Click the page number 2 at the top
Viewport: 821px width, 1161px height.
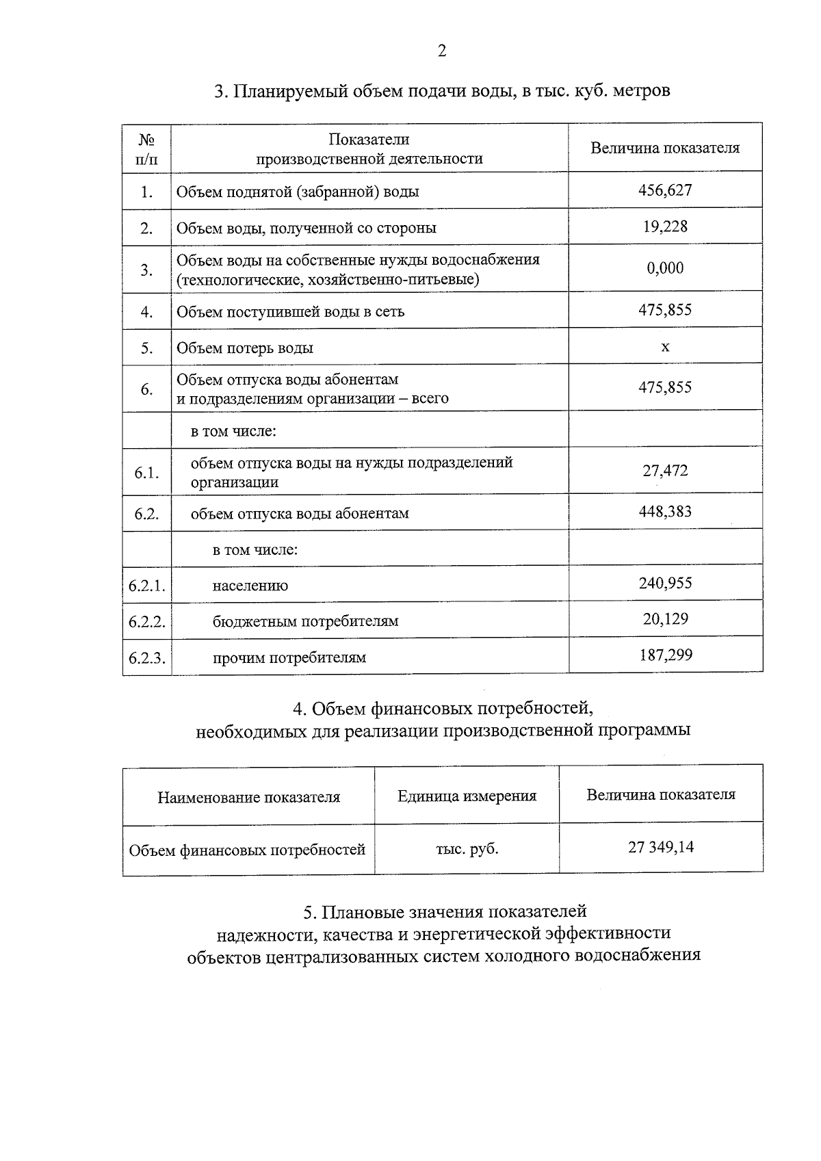pos(442,51)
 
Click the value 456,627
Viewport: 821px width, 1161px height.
pos(664,190)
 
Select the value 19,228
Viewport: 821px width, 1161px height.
pos(664,226)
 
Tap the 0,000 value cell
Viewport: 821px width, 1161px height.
pos(664,268)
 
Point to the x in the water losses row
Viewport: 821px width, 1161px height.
pos(665,347)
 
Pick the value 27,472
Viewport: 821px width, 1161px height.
pos(664,471)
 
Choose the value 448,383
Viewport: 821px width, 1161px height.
pos(664,512)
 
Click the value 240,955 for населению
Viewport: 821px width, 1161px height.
pos(664,584)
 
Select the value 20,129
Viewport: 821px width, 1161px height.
pos(664,619)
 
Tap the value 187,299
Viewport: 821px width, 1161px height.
pos(664,655)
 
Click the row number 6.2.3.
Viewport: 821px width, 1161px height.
pos(147,658)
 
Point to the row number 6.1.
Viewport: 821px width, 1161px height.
pos(147,473)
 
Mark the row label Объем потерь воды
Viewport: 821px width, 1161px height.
pos(245,348)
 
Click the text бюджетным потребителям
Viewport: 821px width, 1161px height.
pos(305,622)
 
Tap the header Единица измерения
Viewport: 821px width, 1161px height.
pos(467,796)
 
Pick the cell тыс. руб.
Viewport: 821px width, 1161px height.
pos(467,849)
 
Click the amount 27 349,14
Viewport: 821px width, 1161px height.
pos(660,848)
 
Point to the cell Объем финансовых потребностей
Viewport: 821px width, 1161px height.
pos(248,850)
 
